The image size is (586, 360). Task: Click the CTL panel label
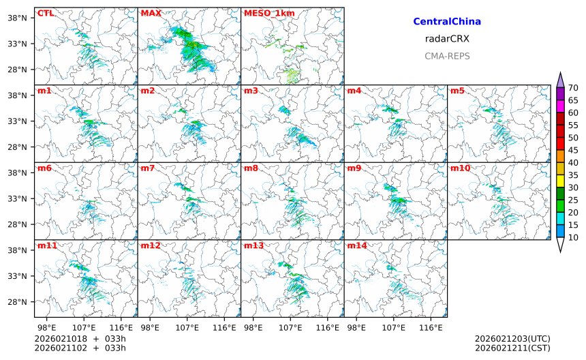pos(46,13)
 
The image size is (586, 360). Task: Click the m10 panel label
pos(461,168)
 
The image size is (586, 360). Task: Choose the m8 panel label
pos(251,168)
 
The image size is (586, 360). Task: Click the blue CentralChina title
pos(447,22)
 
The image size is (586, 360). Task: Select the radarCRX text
pos(447,39)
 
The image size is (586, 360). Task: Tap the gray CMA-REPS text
pos(447,56)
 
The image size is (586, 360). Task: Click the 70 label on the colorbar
pos(573,87)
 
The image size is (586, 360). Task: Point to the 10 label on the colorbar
pos(573,237)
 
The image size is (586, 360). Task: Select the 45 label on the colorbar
pos(573,150)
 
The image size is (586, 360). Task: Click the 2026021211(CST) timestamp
pos(512,348)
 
